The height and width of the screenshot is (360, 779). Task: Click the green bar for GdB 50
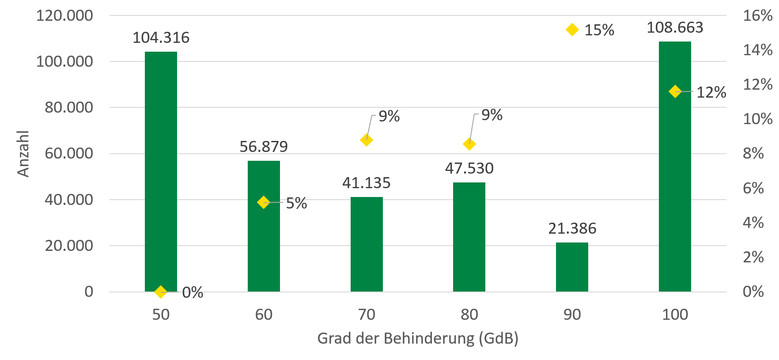160,171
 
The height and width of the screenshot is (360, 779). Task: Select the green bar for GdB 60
264,226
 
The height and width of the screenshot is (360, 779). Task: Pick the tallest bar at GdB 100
675,166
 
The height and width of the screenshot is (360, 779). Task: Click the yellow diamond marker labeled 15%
572,30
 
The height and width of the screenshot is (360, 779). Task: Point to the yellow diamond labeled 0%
160,292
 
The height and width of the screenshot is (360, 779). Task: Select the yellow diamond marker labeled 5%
264,202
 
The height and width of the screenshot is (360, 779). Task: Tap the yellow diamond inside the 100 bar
675,92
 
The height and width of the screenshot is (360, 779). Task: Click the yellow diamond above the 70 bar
367,140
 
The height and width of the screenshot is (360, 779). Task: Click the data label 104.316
160,38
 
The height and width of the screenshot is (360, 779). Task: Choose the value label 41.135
367,183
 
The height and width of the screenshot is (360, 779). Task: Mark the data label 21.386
572,229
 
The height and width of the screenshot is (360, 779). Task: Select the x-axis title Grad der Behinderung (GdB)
417,341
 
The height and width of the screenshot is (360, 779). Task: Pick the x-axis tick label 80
469,315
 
